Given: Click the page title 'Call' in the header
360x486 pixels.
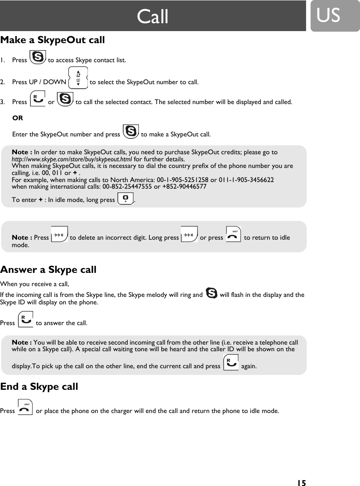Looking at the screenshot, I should (x=153, y=17).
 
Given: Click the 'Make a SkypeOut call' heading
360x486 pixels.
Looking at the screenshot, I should (x=53, y=40).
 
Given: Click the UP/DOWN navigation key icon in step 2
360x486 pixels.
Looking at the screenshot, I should (x=78, y=78).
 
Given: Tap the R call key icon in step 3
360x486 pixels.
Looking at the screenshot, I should (x=38, y=100).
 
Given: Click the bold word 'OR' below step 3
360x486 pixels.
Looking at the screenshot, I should (x=18, y=118).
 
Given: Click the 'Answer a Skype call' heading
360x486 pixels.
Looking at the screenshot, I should (x=49, y=270).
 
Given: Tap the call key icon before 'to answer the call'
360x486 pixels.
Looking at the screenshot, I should (x=26, y=320).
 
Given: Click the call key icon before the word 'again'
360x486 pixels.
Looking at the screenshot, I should (x=231, y=363).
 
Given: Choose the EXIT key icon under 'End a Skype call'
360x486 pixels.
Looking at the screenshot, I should (x=26, y=408).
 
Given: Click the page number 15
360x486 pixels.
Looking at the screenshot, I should (x=301, y=483).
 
